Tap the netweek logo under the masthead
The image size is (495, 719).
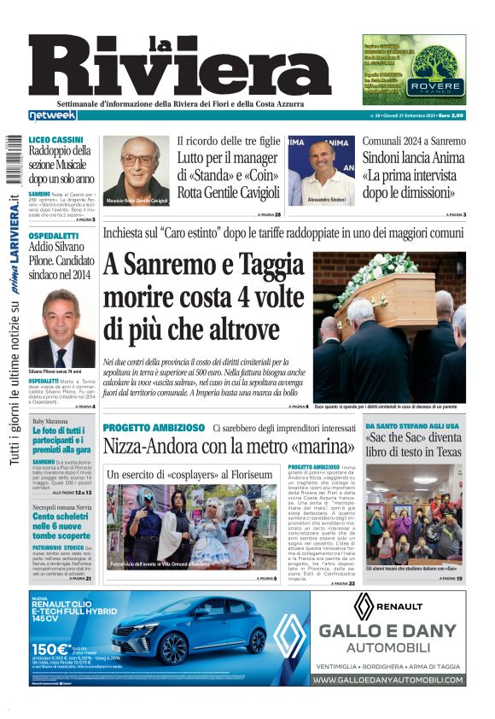click(52, 115)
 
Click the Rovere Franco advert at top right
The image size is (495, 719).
click(414, 69)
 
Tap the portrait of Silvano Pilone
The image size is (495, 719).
click(62, 329)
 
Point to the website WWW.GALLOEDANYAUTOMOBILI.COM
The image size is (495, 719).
click(388, 680)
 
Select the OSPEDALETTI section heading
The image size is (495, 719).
click(54, 235)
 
